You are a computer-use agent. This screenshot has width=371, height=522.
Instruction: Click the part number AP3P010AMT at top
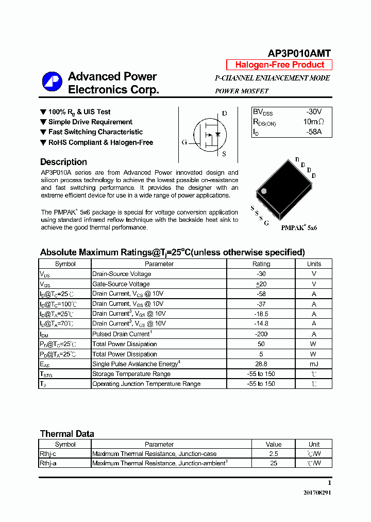click(299, 53)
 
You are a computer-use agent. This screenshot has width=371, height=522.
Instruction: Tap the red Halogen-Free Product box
click(279, 65)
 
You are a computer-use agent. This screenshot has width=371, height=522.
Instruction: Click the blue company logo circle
click(52, 83)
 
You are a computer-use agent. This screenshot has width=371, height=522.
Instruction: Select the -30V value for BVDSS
click(313, 112)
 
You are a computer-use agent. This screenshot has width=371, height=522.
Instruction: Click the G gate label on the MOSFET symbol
click(184, 142)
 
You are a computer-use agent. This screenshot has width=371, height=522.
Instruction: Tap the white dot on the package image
click(264, 191)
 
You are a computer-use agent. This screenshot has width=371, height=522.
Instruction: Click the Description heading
click(63, 162)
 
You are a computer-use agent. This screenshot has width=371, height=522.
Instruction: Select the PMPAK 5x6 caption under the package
click(299, 227)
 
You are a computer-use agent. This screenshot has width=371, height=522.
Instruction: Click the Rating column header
click(261, 264)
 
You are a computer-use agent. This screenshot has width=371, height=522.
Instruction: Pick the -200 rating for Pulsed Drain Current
click(261, 334)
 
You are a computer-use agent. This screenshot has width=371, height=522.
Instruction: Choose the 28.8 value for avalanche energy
click(261, 364)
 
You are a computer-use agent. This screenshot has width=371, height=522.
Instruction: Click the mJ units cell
click(313, 364)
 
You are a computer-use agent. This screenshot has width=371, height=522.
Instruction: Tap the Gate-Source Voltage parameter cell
click(121, 284)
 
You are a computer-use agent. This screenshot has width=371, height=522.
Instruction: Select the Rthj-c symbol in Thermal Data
click(48, 454)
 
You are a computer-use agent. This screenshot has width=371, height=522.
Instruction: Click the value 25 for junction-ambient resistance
click(274, 463)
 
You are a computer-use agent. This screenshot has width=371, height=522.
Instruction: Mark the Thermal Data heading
click(67, 434)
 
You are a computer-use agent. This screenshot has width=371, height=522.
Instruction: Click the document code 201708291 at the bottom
click(317, 493)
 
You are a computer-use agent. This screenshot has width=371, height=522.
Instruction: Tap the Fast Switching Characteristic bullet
click(95, 132)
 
